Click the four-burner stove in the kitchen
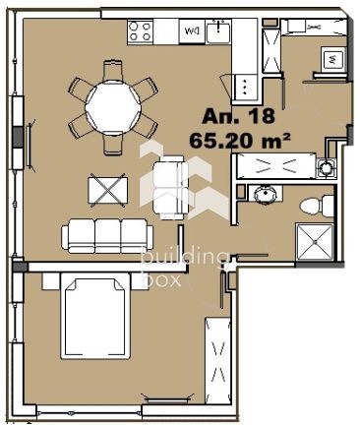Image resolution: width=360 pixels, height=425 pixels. click(141, 30)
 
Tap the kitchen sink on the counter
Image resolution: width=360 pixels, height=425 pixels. click(218, 30)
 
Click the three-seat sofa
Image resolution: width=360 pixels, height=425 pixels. click(107, 236)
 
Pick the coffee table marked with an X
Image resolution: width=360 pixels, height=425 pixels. click(108, 190)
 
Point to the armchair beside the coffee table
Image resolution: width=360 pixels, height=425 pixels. click(171, 188)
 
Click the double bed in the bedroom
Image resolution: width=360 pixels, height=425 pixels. click(95, 316)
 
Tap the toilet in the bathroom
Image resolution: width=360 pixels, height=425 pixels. click(317, 206)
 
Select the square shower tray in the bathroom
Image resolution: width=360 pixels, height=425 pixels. click(315, 242)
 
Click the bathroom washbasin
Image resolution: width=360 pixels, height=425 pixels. click(266, 194)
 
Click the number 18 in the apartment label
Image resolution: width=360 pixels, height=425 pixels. click(262, 116)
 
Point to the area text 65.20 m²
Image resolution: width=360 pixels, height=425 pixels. click(240, 141)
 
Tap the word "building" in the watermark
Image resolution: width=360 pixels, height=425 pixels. click(185, 258)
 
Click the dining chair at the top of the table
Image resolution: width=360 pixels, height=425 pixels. click(113, 71)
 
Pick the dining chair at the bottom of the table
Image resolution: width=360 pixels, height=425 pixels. click(113, 143)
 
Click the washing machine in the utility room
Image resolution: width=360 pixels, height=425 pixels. click(332, 59)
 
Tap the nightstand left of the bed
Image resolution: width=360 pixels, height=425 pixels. click(51, 281)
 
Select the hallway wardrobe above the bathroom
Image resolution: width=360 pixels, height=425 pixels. click(274, 165)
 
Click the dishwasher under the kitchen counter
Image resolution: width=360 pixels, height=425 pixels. click(192, 31)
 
